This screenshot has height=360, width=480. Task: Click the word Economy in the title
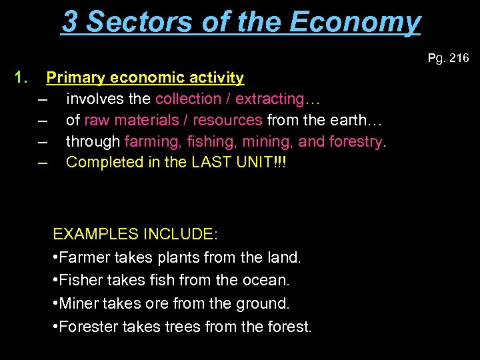pyautogui.click(x=355, y=21)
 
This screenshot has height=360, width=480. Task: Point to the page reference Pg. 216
pyautogui.click(x=448, y=59)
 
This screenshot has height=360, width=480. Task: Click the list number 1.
pyautogui.click(x=21, y=78)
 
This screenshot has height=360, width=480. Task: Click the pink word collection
pyautogui.click(x=188, y=99)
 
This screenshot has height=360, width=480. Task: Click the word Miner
pyautogui.click(x=80, y=304)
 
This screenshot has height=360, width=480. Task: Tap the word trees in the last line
pyautogui.click(x=191, y=327)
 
